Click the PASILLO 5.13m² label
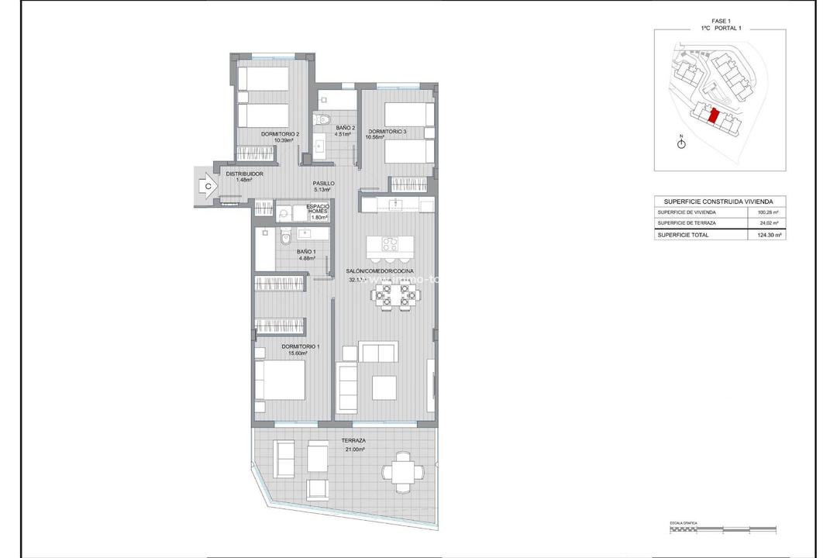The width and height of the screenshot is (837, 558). pyautogui.click(x=323, y=187)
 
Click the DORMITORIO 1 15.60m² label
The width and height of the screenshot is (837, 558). pyautogui.click(x=294, y=350)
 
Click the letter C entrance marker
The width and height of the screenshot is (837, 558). pyautogui.click(x=207, y=185)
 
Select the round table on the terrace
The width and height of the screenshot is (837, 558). pyautogui.click(x=403, y=471)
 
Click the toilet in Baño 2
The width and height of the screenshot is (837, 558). pyautogui.click(x=323, y=120)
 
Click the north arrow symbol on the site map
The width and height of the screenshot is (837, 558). pyautogui.click(x=681, y=144)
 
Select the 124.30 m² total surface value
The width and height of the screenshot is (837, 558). pyautogui.click(x=767, y=234)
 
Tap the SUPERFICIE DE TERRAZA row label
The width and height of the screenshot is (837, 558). pyautogui.click(x=687, y=222)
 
